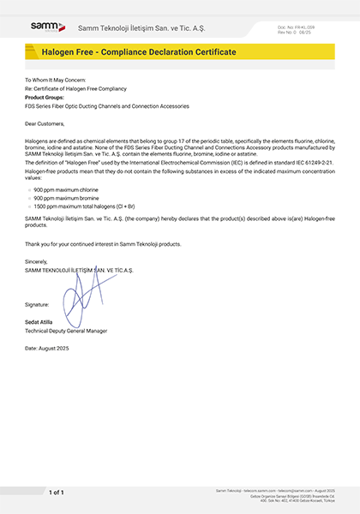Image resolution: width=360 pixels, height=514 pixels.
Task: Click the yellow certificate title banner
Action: pos(180,53)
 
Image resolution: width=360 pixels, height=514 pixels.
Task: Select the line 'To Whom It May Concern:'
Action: pos(55,79)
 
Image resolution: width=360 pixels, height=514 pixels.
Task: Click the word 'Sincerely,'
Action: pos(37,260)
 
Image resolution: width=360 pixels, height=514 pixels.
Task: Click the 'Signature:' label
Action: pos(38,304)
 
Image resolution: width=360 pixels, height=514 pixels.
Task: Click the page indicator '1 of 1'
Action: pos(56,493)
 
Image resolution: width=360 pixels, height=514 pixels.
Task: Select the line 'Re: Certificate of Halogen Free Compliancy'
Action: pos(74,89)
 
